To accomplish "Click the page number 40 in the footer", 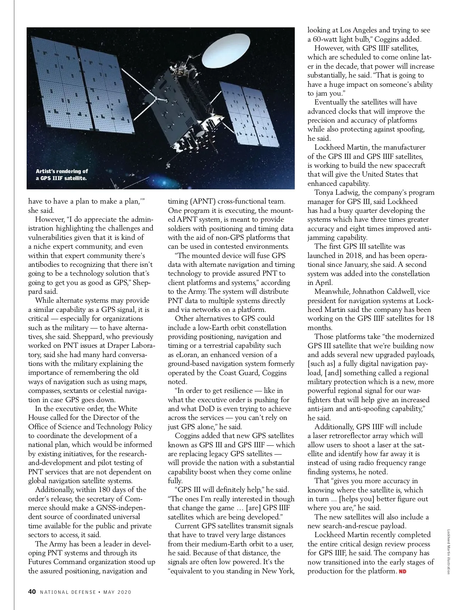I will coord(32,591).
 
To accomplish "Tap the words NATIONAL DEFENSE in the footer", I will coord(68,592).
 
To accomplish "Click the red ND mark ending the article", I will coord(402,571).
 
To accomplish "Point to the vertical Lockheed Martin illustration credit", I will coord(448,551).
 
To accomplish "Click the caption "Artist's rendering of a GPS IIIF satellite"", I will coord(62,175).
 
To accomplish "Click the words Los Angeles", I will coord(359,30).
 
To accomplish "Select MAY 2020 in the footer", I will coord(117,592).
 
